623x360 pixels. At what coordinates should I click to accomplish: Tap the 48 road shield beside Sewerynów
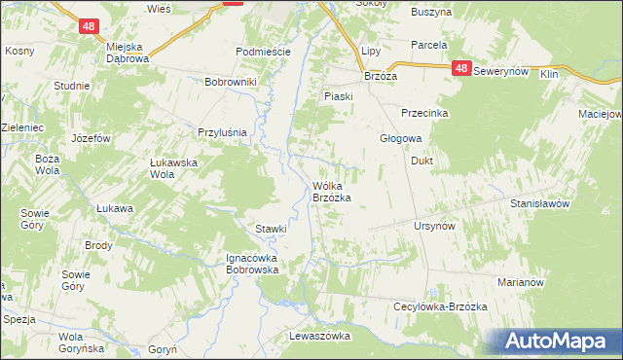tap(462, 69)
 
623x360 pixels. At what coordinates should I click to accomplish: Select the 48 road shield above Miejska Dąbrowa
tap(90, 31)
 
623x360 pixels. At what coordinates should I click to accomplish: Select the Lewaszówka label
tap(319, 335)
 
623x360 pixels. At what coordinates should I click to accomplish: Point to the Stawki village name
tap(271, 229)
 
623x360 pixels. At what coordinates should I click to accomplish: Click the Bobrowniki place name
tap(230, 82)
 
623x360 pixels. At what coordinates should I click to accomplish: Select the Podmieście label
tap(261, 52)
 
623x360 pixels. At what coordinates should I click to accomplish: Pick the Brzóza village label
tap(384, 75)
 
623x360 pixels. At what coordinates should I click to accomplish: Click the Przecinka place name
tap(422, 113)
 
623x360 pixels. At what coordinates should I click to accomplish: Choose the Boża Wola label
tap(47, 164)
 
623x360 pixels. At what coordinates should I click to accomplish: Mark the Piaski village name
tap(338, 96)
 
